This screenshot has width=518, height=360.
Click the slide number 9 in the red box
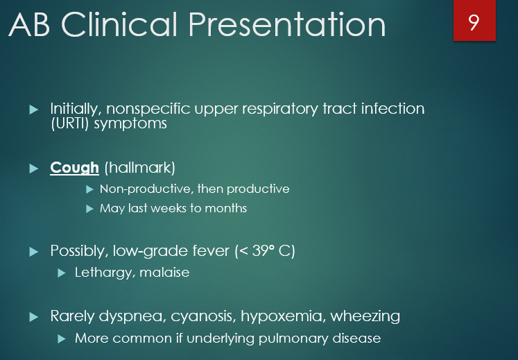[474, 22]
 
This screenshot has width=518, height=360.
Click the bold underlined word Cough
[74, 169]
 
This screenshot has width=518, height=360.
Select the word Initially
[76, 110]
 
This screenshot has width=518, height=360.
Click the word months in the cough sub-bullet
[226, 208]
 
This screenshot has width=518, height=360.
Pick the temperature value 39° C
[270, 250]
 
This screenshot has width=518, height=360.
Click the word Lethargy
[103, 272]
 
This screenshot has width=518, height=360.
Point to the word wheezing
[365, 316]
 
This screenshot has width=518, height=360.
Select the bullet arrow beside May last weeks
[89, 209]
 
